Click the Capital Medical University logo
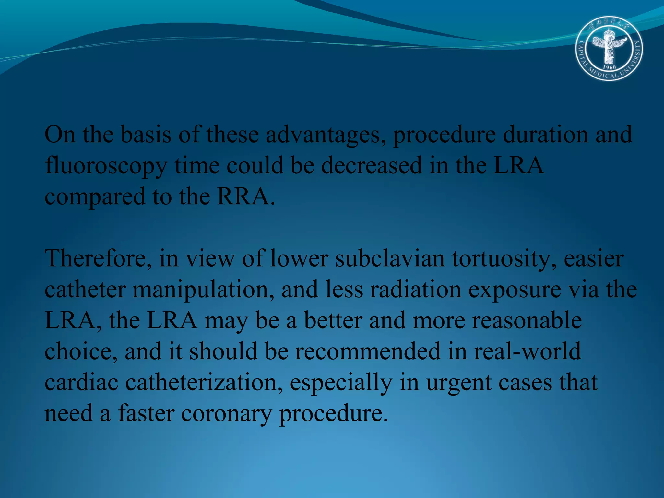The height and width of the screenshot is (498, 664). (x=609, y=49)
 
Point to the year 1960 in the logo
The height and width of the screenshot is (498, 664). (x=609, y=67)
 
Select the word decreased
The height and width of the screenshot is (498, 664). (x=372, y=165)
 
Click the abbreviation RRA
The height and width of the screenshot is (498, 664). (x=243, y=196)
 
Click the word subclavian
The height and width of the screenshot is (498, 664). (x=390, y=259)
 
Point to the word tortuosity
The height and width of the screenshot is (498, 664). (x=504, y=259)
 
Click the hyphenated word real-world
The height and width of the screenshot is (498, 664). (x=527, y=351)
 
